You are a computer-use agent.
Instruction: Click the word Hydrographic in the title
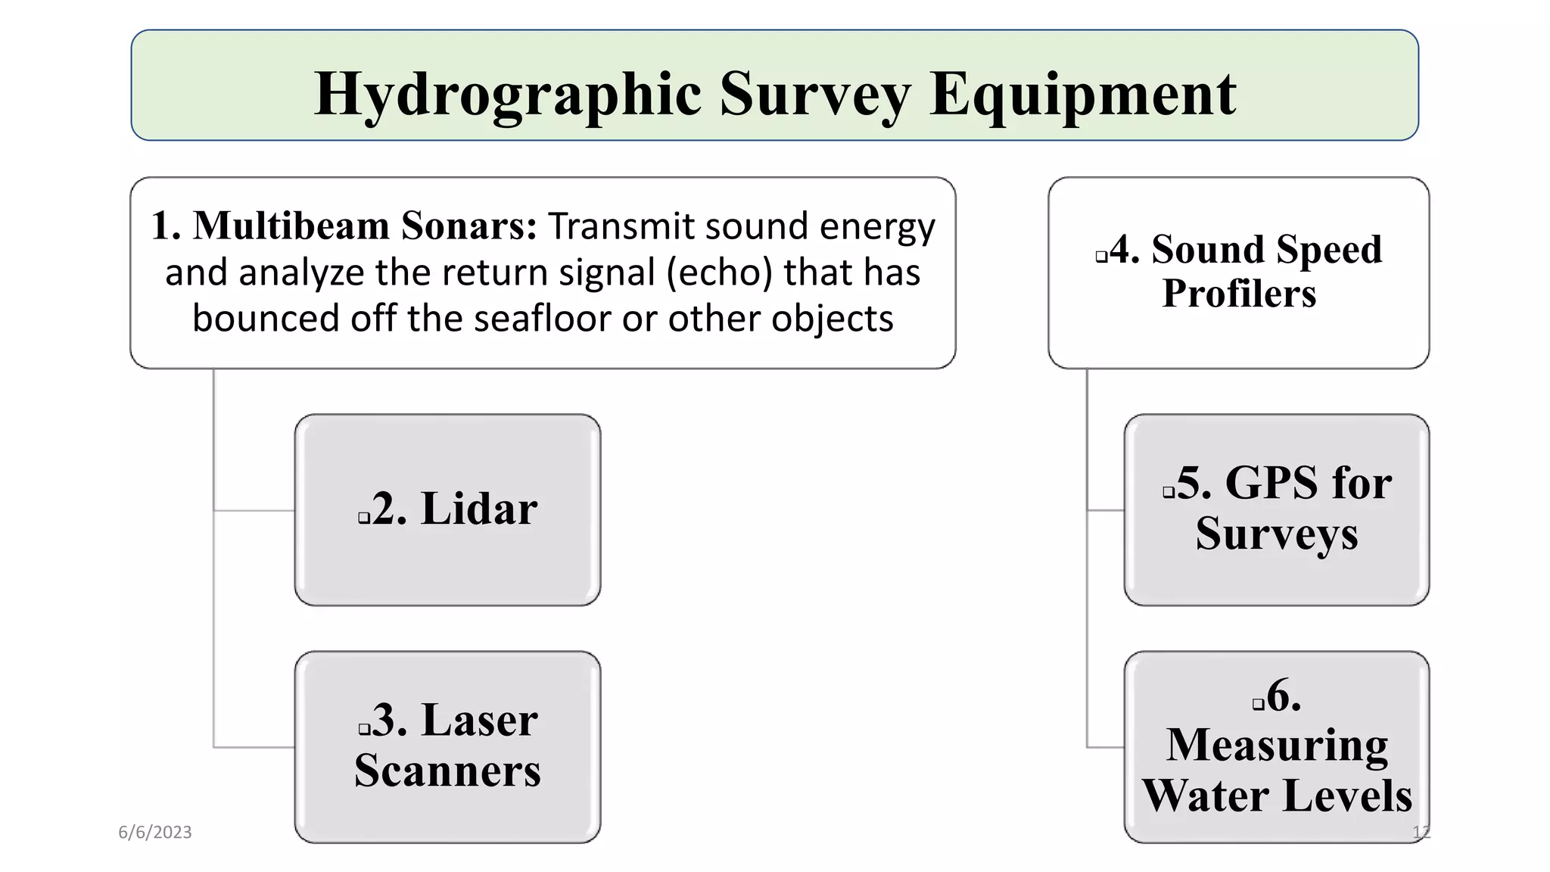(508, 94)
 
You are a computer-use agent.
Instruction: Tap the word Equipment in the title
(1083, 94)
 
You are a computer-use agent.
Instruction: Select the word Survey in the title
(815, 94)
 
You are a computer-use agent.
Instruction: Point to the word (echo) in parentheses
(720, 272)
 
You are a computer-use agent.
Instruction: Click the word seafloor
(543, 319)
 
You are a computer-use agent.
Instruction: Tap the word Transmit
(620, 226)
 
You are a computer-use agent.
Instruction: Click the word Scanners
(447, 771)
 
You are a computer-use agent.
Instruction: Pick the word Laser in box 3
(479, 720)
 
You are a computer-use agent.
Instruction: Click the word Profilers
(1239, 294)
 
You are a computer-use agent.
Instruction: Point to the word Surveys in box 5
(1277, 533)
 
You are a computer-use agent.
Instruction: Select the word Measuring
(1277, 745)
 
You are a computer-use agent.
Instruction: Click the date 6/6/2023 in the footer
(155, 833)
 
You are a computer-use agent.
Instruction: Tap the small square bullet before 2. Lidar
(364, 519)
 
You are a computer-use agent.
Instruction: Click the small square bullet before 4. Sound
(1101, 257)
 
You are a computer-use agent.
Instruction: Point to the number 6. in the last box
(1284, 695)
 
